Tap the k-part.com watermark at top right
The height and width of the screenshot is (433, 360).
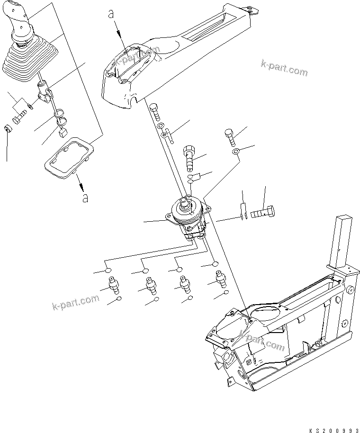[284, 68]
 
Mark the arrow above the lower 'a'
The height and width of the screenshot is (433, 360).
[79, 182]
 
